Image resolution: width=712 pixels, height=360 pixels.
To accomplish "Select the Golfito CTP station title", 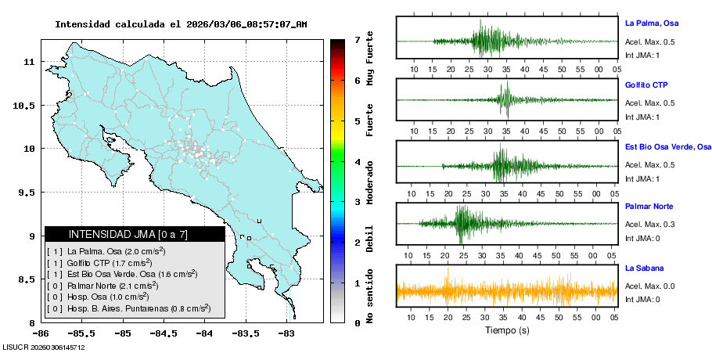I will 646,85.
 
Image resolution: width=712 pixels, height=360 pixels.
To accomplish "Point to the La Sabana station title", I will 644,268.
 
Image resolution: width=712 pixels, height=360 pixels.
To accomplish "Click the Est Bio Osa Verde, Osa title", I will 668,146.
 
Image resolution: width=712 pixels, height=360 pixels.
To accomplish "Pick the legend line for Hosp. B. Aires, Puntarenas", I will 128,309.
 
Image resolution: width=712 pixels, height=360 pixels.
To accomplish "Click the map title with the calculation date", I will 181,24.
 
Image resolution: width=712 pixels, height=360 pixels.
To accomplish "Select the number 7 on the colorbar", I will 357,39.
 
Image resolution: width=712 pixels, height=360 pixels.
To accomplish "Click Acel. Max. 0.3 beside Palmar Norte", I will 649,225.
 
